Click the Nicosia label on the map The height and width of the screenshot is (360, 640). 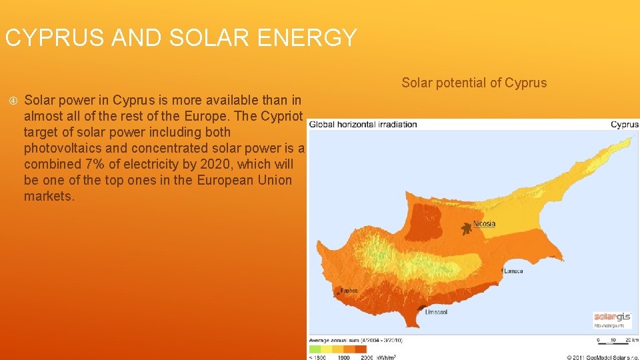coord(485,224)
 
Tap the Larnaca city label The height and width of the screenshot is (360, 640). coord(513,271)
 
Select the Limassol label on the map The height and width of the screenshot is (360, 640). coord(436,312)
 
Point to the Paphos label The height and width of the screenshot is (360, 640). coord(349,291)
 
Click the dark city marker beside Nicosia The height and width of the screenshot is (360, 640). coord(465,228)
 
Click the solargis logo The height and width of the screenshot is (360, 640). coord(611,317)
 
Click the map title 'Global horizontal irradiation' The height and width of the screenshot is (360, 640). coord(363,124)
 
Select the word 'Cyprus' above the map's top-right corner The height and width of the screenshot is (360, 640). coord(624,124)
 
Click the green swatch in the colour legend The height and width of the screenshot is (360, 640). coord(315,349)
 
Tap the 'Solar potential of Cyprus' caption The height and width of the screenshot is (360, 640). coord(473,83)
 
